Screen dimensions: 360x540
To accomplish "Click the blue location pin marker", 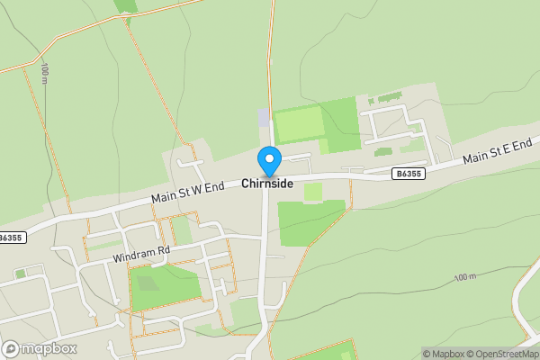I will point(269,160).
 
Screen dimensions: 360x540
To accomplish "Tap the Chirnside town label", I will point(267,183).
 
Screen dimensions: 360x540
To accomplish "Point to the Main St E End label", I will point(498,150).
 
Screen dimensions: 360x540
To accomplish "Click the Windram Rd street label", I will point(141,256).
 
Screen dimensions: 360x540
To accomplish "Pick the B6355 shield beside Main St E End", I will point(409,173).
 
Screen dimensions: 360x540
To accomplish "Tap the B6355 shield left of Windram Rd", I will point(10,238).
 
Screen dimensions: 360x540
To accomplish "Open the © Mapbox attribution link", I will point(443,354).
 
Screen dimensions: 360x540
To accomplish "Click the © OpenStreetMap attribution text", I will point(504,354).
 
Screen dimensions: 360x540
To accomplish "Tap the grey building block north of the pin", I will point(263,117).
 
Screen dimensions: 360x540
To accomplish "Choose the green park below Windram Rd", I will point(166,285).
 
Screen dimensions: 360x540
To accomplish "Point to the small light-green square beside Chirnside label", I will point(312,192).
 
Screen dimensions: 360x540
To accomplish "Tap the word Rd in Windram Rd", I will point(162,254).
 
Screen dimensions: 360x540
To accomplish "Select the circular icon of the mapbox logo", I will point(12,348).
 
